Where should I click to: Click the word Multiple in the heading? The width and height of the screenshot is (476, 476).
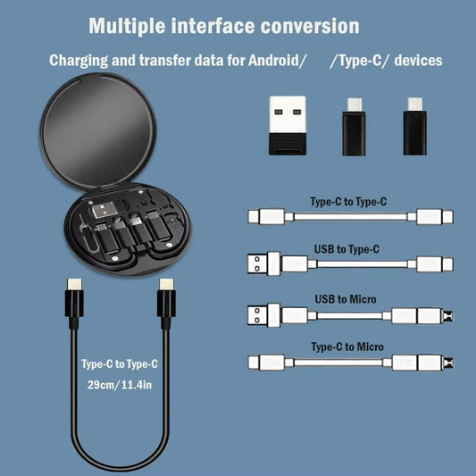(x=127, y=27)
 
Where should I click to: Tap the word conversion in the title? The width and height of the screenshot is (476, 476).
(x=310, y=26)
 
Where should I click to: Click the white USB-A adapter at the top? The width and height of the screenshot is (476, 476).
(x=288, y=125)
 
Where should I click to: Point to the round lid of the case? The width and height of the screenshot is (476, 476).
(x=98, y=129)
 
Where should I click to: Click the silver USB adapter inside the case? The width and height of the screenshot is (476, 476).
(x=105, y=210)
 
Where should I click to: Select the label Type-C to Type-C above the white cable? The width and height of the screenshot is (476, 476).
(x=348, y=202)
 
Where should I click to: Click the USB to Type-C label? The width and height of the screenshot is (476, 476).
(x=347, y=249)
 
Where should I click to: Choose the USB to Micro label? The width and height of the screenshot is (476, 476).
(x=346, y=299)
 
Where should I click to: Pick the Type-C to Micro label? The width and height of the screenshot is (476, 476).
(x=347, y=347)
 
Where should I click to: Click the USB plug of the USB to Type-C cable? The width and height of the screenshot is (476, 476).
(x=263, y=263)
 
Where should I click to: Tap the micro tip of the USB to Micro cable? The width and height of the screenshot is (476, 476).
(x=448, y=316)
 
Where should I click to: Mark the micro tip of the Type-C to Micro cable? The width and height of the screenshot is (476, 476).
(x=448, y=363)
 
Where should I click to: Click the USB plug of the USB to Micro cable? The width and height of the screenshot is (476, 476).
(x=263, y=315)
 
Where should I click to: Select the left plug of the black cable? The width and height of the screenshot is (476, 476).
(x=74, y=303)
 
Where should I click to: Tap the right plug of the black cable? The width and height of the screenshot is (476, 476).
(x=166, y=303)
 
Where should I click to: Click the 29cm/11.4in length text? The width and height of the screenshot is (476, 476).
(x=120, y=385)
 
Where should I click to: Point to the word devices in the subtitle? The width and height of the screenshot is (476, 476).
(x=418, y=60)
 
